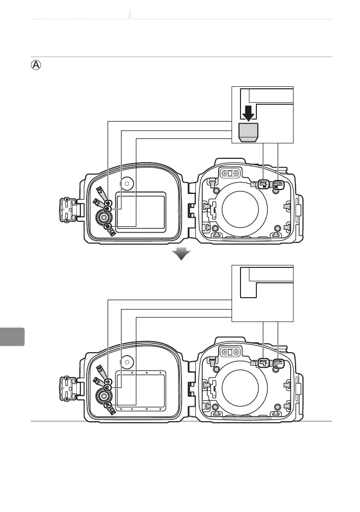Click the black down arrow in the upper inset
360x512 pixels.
point(249,114)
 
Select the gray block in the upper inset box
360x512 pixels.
point(248,133)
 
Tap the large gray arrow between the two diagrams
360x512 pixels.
point(182,254)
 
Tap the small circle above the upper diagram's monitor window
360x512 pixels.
point(127,183)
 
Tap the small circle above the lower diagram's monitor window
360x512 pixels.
point(127,362)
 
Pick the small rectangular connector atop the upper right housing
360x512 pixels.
point(230,173)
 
